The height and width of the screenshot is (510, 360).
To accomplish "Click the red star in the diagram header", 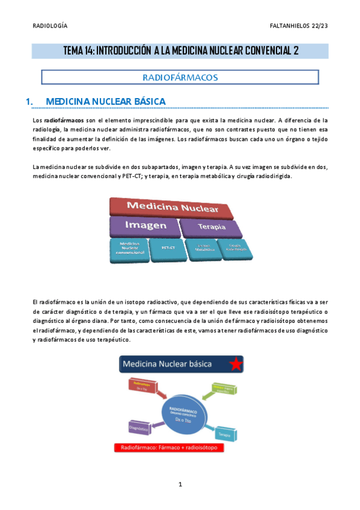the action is pos(236,364).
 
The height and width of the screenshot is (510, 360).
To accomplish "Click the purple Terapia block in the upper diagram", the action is pos(211,227).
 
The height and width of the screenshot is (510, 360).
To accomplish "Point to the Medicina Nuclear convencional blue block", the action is pos(128,248).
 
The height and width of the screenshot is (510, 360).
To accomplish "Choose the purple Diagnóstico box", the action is pos(139,428).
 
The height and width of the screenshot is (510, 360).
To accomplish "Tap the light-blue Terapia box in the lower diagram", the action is pos(224,433).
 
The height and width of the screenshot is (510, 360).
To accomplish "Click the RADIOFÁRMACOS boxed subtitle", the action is pos(180,77).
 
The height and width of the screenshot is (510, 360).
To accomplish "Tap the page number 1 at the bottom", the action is pos(180,485).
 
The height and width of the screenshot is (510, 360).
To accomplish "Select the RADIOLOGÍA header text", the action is pos(49,25).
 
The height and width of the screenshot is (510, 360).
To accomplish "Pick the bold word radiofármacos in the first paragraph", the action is pos(64,120).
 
